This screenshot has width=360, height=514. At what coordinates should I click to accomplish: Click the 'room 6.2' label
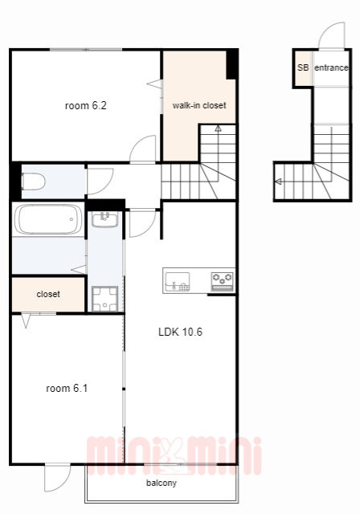85,105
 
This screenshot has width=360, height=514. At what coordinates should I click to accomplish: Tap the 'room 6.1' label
67,389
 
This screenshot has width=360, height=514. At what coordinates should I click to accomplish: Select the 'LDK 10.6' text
180,332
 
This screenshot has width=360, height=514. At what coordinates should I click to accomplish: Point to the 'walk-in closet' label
199,105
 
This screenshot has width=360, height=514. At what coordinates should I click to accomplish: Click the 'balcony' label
162,483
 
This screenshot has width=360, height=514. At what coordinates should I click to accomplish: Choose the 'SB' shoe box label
303,67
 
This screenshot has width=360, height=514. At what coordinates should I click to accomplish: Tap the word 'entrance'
331,67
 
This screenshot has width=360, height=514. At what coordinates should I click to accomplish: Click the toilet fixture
33,182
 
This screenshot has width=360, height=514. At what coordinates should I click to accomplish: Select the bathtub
48,219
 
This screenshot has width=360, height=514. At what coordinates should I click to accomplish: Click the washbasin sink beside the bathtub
105,219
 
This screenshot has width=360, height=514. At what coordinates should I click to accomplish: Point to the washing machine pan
105,299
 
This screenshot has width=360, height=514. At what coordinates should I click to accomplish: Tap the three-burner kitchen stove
223,281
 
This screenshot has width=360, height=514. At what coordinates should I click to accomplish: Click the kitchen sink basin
178,281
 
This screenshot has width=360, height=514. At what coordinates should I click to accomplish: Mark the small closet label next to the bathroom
48,294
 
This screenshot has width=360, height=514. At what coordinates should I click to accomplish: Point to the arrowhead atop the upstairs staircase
218,128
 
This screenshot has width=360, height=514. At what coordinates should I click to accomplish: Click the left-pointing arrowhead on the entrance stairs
278,181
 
